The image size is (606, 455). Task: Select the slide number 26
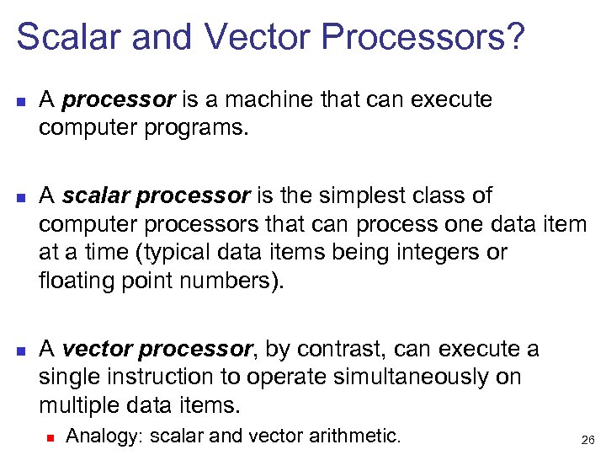(x=587, y=439)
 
